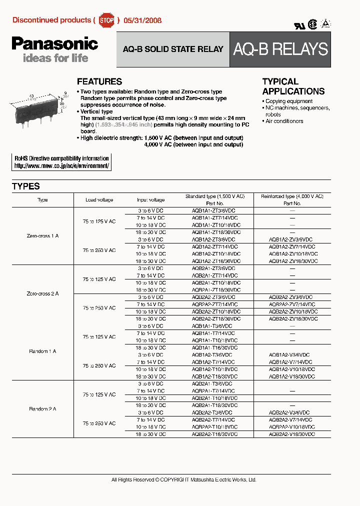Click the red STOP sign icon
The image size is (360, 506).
pyautogui.click(x=106, y=20)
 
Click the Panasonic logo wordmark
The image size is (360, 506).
pyautogui.click(x=54, y=44)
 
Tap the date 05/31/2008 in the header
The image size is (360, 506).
pyautogui.click(x=141, y=21)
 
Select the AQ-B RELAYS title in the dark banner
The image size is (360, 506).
pyautogui.click(x=280, y=49)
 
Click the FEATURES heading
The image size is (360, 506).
pyautogui.click(x=99, y=81)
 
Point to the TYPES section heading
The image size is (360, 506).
pyautogui.click(x=26, y=186)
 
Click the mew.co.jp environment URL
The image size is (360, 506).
pyautogui.click(x=61, y=165)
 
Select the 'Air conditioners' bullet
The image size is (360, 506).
pyautogui.click(x=284, y=121)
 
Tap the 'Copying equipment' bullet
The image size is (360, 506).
pyautogui.click(x=289, y=101)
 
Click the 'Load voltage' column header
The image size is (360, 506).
pyautogui.click(x=99, y=200)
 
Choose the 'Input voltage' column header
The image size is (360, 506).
pyautogui.click(x=151, y=200)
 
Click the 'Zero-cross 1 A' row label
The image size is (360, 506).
pyautogui.click(x=42, y=235)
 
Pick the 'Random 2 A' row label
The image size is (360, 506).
pyautogui.click(x=42, y=409)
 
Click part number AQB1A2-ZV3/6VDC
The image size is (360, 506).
pyautogui.click(x=292, y=240)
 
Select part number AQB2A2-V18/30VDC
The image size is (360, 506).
pyautogui.click(x=292, y=434)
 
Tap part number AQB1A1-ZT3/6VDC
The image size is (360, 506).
pyautogui.click(x=213, y=211)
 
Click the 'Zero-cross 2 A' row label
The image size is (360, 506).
pyautogui.click(x=42, y=293)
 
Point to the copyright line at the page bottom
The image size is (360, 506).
pyautogui.click(x=183, y=479)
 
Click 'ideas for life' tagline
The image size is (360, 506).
pyautogui.click(x=55, y=58)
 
